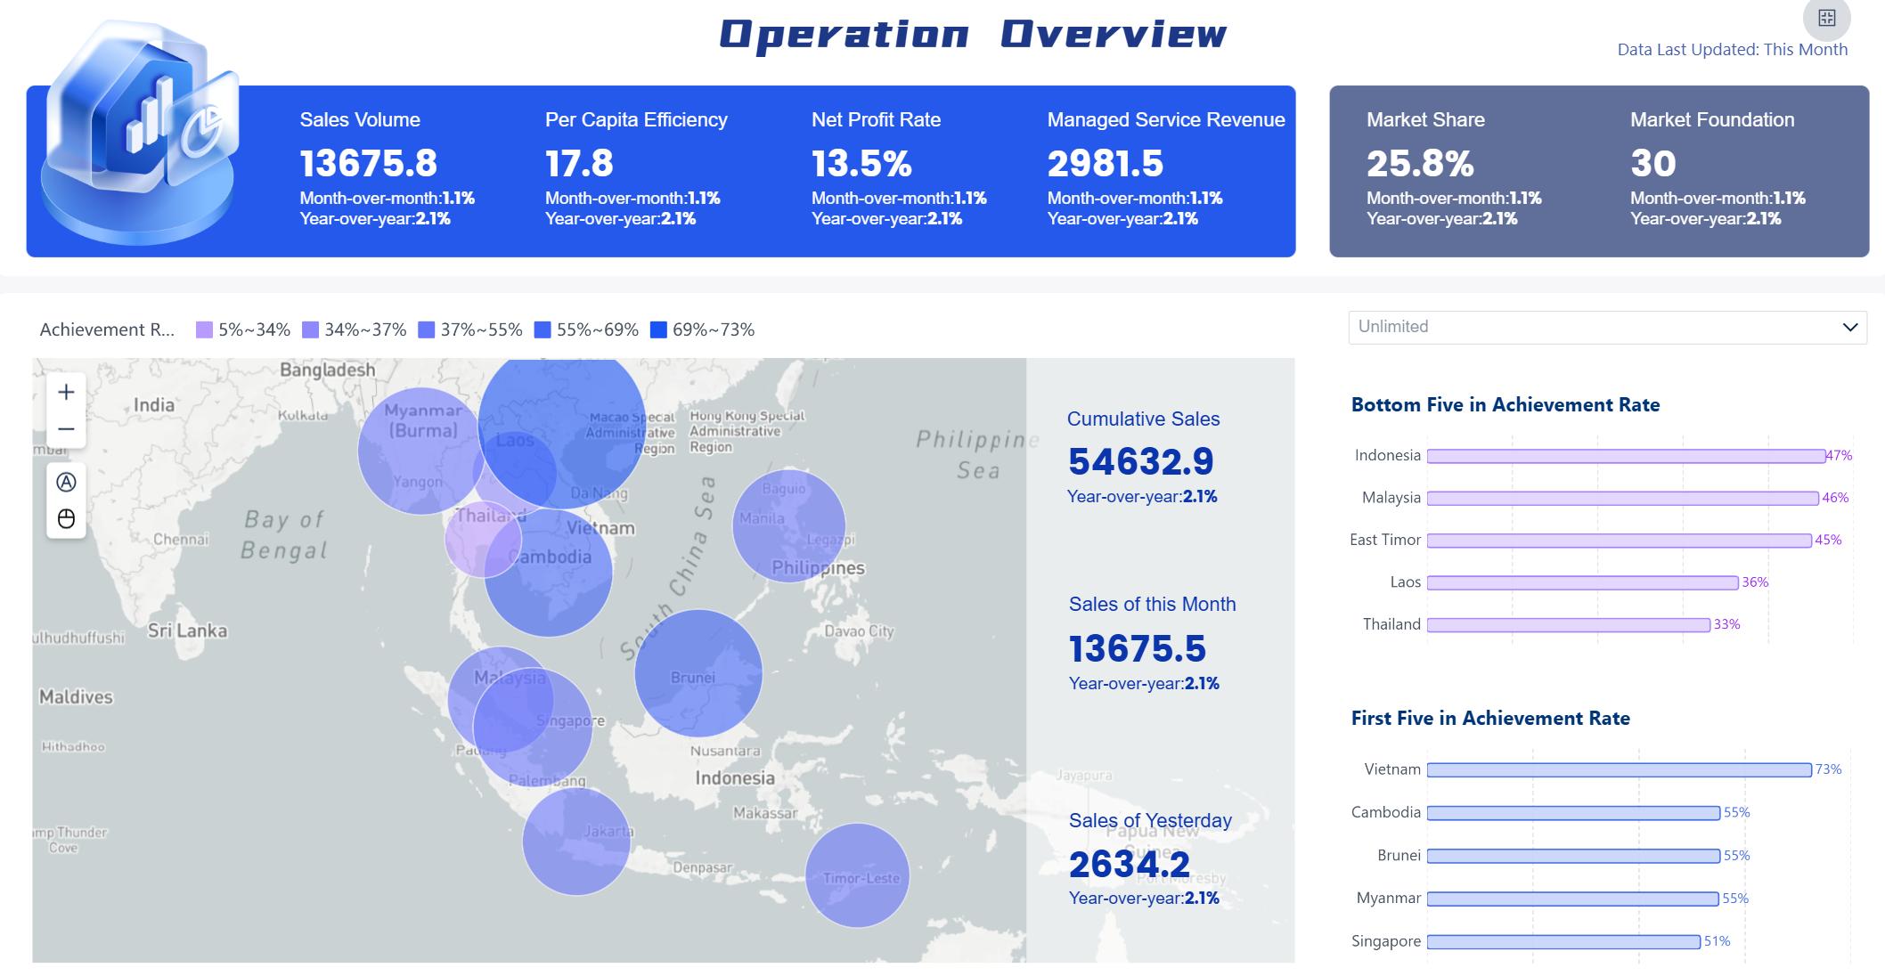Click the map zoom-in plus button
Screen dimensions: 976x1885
pyautogui.click(x=66, y=393)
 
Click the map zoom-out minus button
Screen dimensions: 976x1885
pyautogui.click(x=66, y=429)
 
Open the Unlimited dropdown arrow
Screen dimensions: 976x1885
pyautogui.click(x=1849, y=327)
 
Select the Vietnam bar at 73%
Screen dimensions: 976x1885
pyautogui.click(x=1619, y=769)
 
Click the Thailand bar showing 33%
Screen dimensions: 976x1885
pyautogui.click(x=1568, y=625)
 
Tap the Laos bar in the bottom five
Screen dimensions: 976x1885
pyautogui.click(x=1582, y=582)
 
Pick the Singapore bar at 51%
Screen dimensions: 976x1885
pyautogui.click(x=1563, y=941)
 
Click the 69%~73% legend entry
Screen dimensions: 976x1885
pyautogui.click(x=703, y=329)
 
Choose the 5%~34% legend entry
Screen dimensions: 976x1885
pyautogui.click(x=243, y=329)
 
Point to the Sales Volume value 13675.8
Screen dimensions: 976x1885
pyautogui.click(x=368, y=163)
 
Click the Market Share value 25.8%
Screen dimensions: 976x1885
pyautogui.click(x=1420, y=163)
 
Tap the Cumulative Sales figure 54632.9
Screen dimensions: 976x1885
pyautogui.click(x=1141, y=461)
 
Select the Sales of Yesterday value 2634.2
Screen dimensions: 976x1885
pyautogui.click(x=1130, y=864)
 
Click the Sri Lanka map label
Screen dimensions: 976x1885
pyautogui.click(x=187, y=630)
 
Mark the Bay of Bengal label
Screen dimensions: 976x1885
pyautogui.click(x=284, y=534)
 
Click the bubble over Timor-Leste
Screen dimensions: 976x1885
pyautogui.click(x=857, y=875)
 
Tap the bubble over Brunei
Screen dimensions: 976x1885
pyautogui.click(x=698, y=673)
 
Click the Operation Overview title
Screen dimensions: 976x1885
pyautogui.click(x=973, y=34)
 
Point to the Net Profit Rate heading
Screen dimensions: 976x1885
pyautogui.click(x=876, y=119)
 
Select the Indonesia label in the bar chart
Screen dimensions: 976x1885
pyautogui.click(x=1387, y=455)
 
